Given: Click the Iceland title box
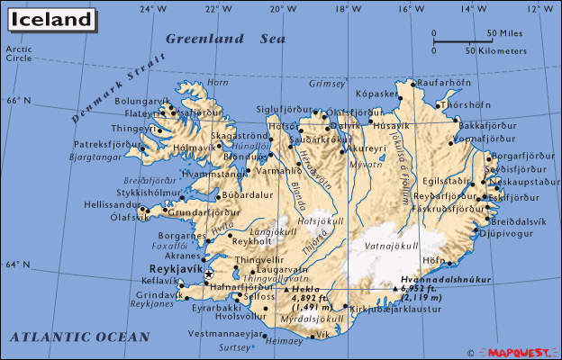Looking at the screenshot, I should [x=50, y=19].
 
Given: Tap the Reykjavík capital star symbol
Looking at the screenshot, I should [x=209, y=274].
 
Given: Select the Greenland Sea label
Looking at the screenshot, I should [x=225, y=39].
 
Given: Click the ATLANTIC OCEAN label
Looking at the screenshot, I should [x=79, y=337].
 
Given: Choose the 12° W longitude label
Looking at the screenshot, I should [x=540, y=8].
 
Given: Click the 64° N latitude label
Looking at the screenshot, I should [x=18, y=265].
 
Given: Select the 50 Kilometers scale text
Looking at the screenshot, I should [x=495, y=50].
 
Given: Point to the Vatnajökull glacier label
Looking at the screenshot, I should [x=390, y=245].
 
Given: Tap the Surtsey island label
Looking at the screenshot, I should [x=236, y=346].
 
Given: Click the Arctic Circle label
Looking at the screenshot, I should [x=18, y=53].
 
